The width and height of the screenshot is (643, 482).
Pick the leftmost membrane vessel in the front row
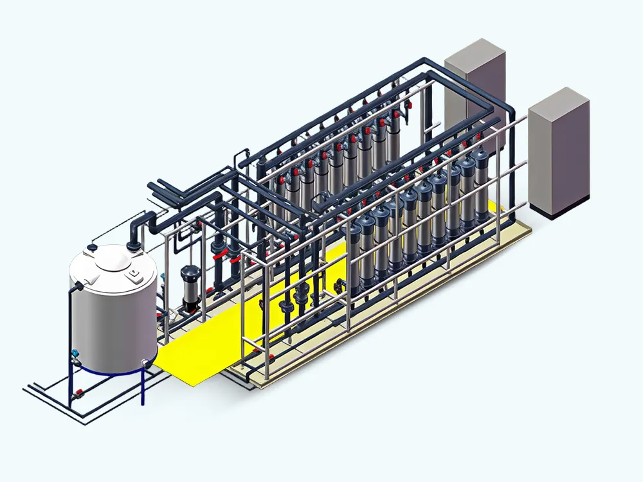tap(353, 257)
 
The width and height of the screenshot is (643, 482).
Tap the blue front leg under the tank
tap(143, 386)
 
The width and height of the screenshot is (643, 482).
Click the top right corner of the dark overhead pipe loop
tap(508, 103)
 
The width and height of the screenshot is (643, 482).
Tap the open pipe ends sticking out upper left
tap(154, 188)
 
